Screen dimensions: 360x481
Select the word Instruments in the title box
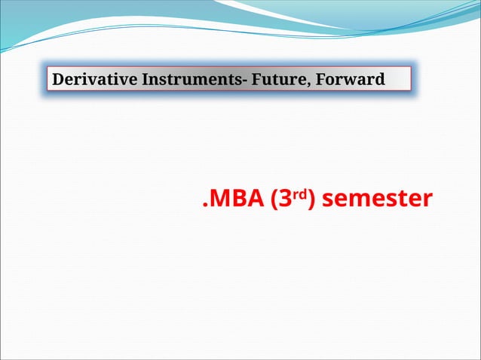pyautogui.click(x=188, y=79)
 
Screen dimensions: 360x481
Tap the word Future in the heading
pyautogui.click(x=280, y=79)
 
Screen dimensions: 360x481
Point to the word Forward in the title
pyautogui.click(x=350, y=79)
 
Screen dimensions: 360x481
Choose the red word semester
pyautogui.click(x=381, y=199)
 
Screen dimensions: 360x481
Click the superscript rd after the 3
pyautogui.click(x=299, y=194)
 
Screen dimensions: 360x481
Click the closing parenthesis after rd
pyautogui.click(x=313, y=200)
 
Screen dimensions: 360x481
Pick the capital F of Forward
pyautogui.click(x=319, y=79)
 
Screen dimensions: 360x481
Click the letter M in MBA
pyautogui.click(x=220, y=199)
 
